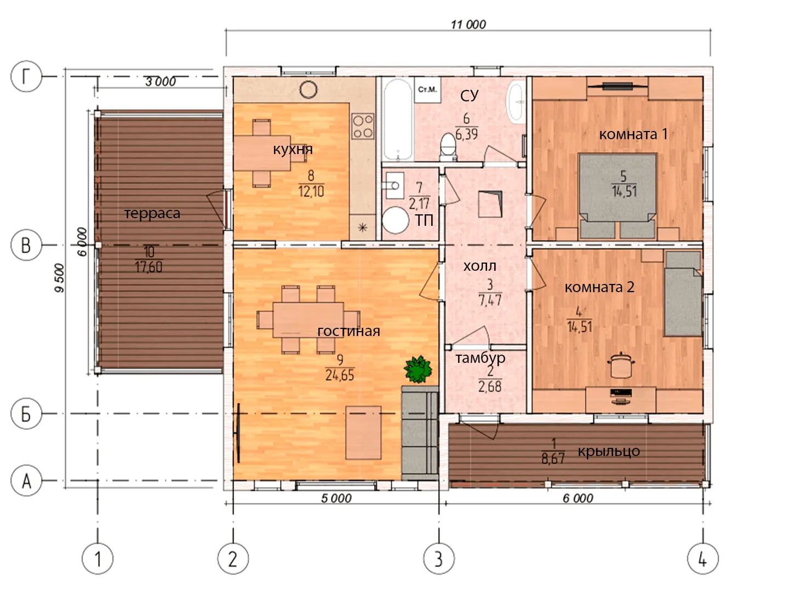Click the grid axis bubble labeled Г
pos(26,76)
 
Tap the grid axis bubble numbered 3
pos(438,559)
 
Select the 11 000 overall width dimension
pos(468,25)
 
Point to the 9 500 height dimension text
pos(60,278)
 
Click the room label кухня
pos(293,149)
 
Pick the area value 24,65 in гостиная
pos(340,375)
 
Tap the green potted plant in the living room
pos(418,369)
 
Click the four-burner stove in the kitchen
pos(363,127)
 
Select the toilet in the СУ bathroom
pos(448,147)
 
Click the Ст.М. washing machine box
pos(427,89)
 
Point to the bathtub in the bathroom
pos(398,119)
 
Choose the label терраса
pos(152,213)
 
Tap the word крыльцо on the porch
pos(609,452)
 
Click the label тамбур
pos(480,358)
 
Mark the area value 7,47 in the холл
pos(490,300)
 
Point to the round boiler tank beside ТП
pos(396,220)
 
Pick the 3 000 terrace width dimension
pos(161,82)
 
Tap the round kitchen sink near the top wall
pos(308,90)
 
